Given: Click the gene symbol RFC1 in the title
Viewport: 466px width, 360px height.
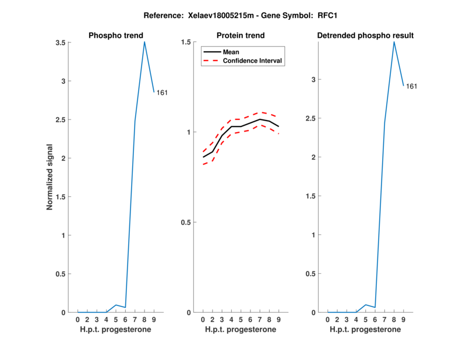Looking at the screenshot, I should [329, 16].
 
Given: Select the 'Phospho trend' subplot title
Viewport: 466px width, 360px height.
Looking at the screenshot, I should [115, 36].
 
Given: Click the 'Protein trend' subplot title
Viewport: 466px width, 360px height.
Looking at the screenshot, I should [241, 36].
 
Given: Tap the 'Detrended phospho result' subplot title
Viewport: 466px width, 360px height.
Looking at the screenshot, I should [365, 36].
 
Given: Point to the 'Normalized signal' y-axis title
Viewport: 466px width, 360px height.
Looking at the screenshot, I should [50, 177].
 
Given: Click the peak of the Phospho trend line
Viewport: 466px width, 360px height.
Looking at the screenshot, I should [144, 42].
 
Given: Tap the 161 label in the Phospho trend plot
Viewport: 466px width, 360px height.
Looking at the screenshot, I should [162, 93].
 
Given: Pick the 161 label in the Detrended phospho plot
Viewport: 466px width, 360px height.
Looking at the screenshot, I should [412, 86].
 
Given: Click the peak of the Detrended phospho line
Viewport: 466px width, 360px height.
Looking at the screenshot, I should [394, 42].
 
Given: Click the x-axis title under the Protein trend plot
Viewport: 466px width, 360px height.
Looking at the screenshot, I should [241, 330].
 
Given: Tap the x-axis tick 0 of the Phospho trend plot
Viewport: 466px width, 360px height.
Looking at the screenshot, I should [77, 320].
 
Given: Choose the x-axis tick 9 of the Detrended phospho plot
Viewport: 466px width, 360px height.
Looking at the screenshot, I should [404, 320].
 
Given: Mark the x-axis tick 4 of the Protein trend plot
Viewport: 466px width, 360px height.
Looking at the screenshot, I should [231, 320].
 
